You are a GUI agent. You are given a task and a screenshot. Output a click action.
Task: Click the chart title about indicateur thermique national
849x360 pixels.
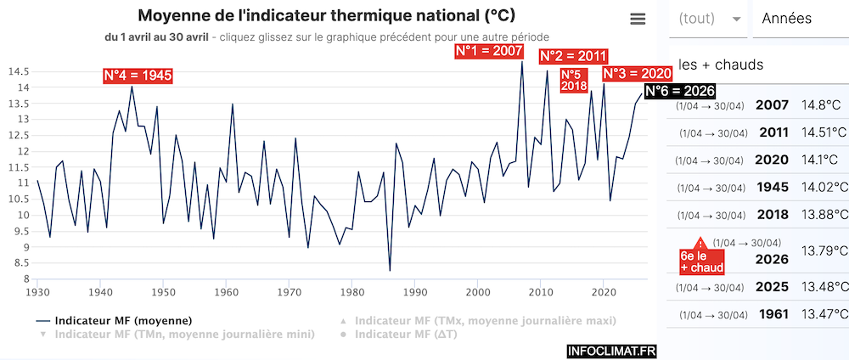(x=326, y=17)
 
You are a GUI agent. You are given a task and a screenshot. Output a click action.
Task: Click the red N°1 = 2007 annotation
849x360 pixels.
(x=489, y=52)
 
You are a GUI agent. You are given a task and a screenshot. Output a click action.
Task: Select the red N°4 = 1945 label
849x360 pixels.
(x=138, y=76)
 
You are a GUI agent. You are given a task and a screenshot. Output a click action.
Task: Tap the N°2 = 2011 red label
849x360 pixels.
(x=574, y=56)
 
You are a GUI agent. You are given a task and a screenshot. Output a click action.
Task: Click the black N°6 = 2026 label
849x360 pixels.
(x=680, y=91)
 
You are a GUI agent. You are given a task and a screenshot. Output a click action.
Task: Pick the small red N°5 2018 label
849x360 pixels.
(x=574, y=80)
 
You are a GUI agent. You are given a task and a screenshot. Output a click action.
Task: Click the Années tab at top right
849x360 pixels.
(x=787, y=19)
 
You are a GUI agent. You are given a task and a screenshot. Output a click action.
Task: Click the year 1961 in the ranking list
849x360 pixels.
(x=773, y=315)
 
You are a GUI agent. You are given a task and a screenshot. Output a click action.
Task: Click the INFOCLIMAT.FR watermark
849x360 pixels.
(x=610, y=349)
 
